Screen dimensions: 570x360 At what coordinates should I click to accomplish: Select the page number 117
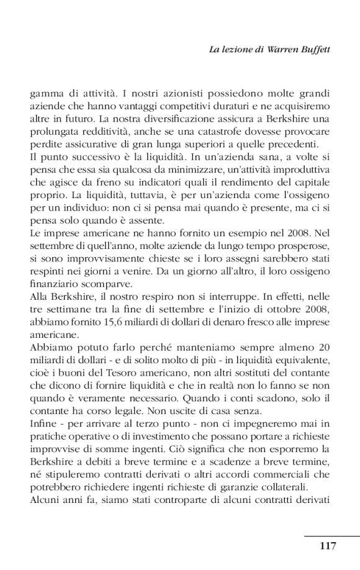pyautogui.click(x=328, y=546)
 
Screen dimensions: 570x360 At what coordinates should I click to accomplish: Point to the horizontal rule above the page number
pyautogui.click(x=332, y=535)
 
